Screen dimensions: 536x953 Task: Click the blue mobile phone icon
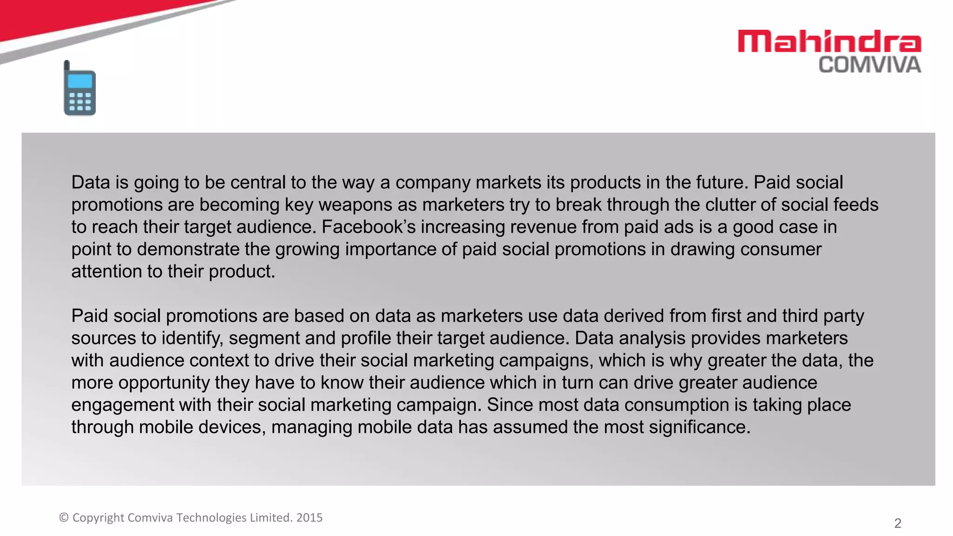pyautogui.click(x=80, y=89)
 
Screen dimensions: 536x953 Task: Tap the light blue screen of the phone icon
pyautogui.click(x=80, y=81)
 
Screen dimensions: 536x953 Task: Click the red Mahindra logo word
pyautogui.click(x=829, y=41)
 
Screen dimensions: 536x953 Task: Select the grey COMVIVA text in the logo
pyautogui.click(x=870, y=65)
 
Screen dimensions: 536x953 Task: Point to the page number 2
pyautogui.click(x=898, y=523)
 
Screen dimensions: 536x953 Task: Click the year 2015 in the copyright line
pyautogui.click(x=309, y=518)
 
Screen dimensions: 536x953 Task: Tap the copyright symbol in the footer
pyautogui.click(x=64, y=518)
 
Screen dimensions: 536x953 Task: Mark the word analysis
pyautogui.click(x=652, y=338)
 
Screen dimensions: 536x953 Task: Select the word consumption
pyautogui.click(x=677, y=405)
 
